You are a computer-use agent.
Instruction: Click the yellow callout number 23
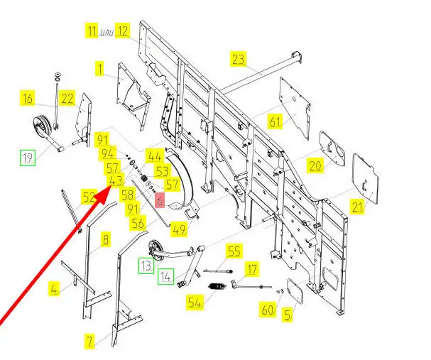pyautogui.click(x=238, y=59)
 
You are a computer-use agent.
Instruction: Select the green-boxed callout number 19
pyautogui.click(x=28, y=158)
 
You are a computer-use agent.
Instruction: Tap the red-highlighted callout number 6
pyautogui.click(x=160, y=200)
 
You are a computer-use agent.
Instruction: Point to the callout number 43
pyautogui.click(x=116, y=181)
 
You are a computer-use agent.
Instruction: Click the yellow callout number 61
pyautogui.click(x=275, y=121)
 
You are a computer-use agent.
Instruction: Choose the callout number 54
pyautogui.click(x=195, y=302)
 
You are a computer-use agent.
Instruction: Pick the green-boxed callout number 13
pyautogui.click(x=146, y=266)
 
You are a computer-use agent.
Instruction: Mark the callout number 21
pyautogui.click(x=357, y=207)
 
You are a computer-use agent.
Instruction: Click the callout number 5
pyautogui.click(x=288, y=315)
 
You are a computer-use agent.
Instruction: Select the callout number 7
pyautogui.click(x=90, y=342)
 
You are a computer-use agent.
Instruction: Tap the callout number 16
pyautogui.click(x=28, y=98)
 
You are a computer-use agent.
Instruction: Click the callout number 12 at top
pyautogui.click(x=123, y=31)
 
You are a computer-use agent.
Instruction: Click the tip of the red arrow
pyautogui.click(x=111, y=186)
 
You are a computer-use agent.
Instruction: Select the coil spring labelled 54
pyautogui.click(x=217, y=287)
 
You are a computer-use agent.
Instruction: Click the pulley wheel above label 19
pyautogui.click(x=41, y=126)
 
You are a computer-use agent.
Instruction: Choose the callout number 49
pyautogui.click(x=179, y=229)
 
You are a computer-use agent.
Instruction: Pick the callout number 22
pyautogui.click(x=67, y=98)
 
